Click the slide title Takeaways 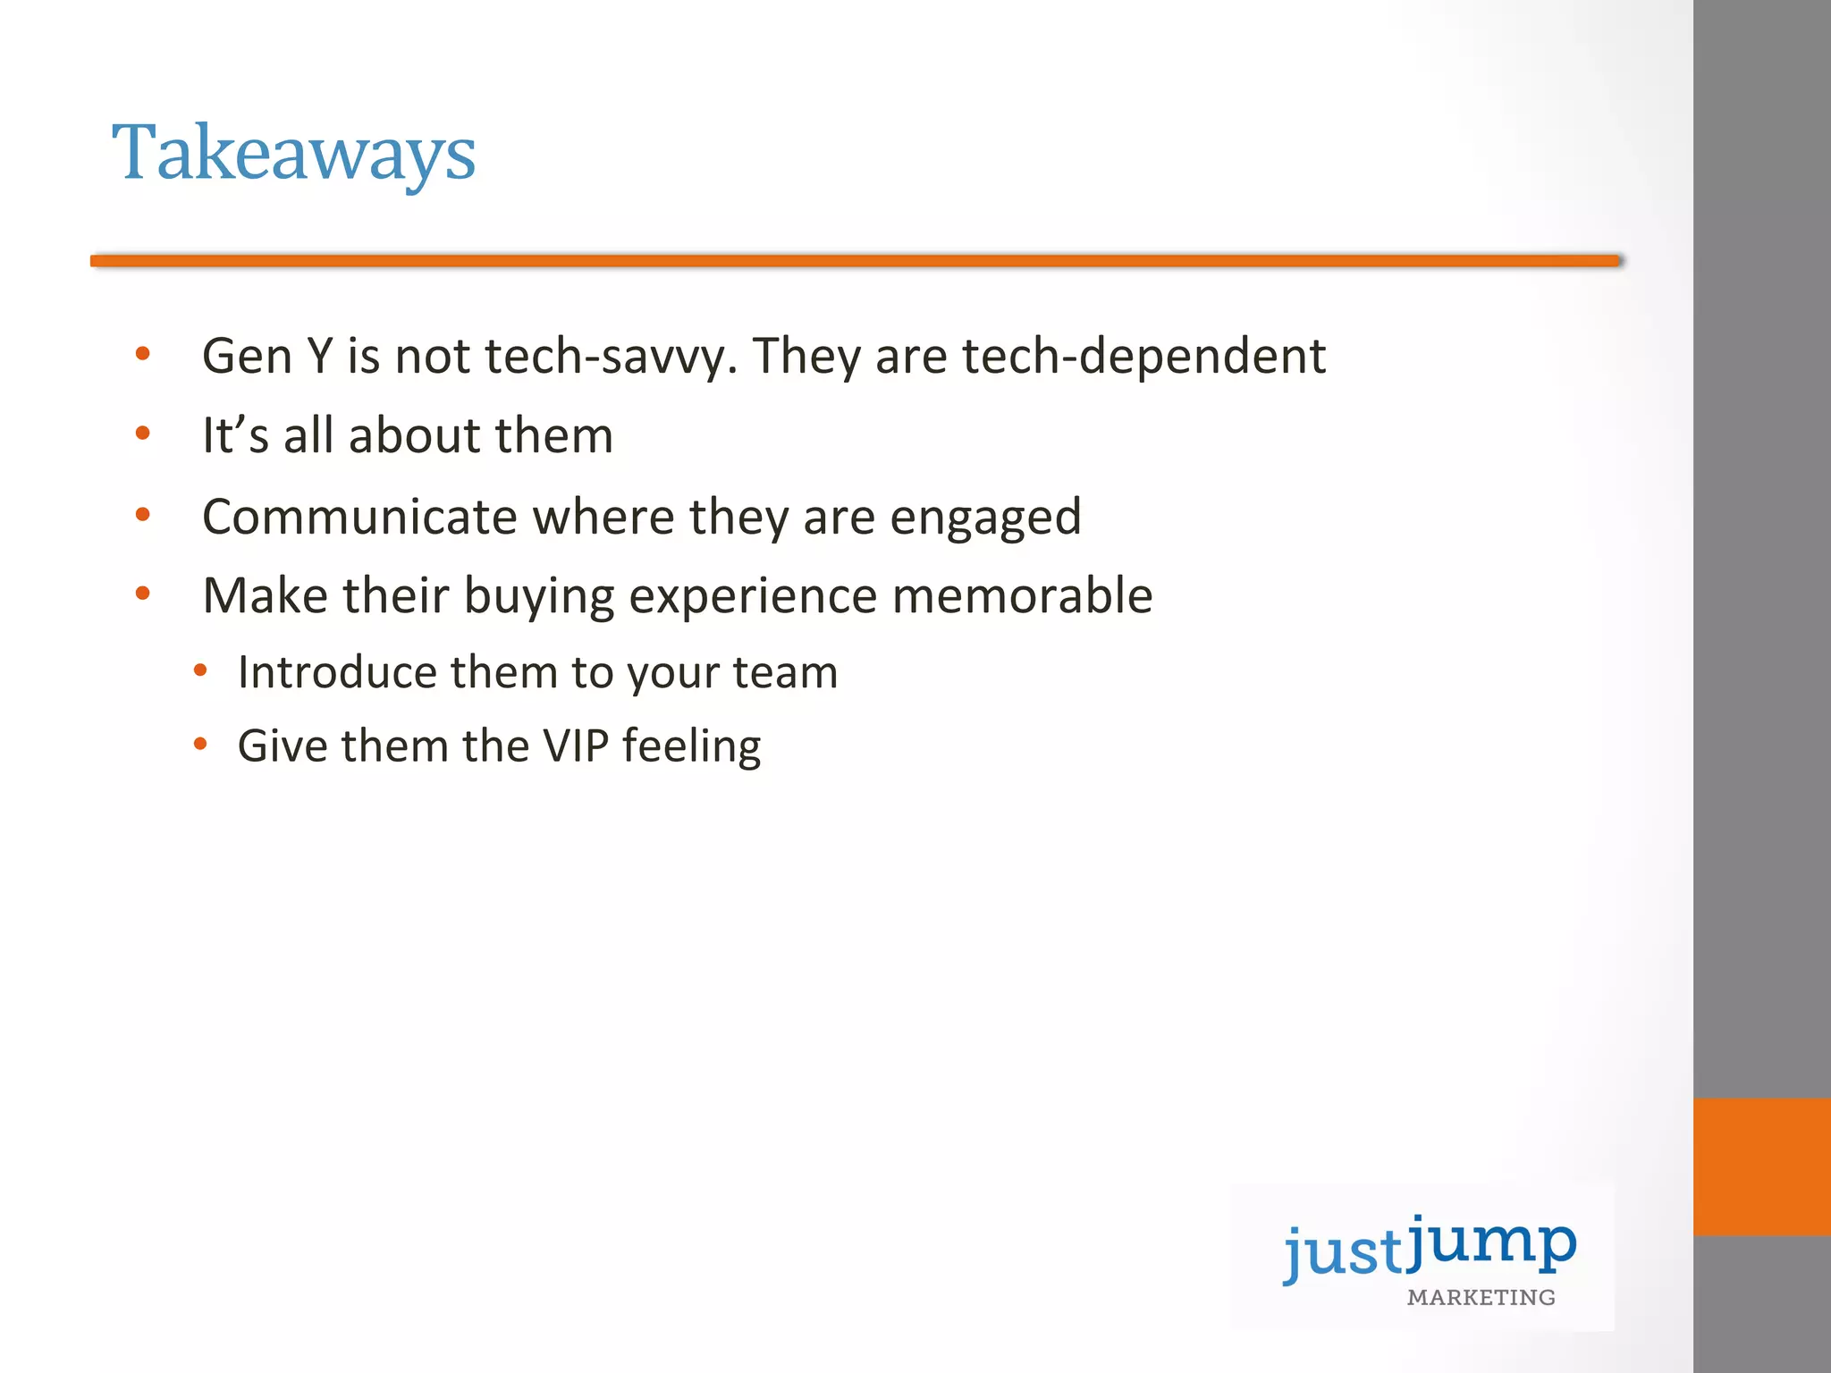(293, 154)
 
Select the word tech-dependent (1143, 356)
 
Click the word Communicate (359, 517)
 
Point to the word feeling (691, 746)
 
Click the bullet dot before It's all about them (143, 434)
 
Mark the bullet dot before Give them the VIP (200, 744)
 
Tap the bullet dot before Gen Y (143, 355)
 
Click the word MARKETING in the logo (1481, 1297)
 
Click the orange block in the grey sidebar (1761, 1167)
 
